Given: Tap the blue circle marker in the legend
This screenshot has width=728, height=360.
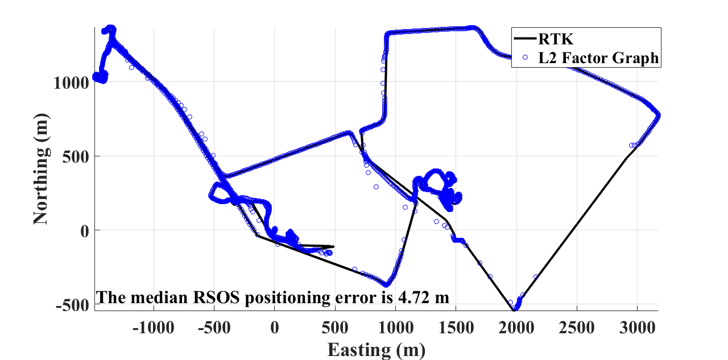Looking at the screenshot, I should [526, 57].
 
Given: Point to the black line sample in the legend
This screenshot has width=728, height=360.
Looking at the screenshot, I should [526, 39].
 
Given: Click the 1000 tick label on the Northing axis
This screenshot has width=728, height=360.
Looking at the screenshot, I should [72, 82].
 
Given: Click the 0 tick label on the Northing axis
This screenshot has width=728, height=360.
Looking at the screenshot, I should [85, 230].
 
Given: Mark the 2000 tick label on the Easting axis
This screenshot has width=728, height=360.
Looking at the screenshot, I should [516, 329].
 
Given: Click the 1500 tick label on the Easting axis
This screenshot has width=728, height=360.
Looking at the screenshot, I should [456, 329].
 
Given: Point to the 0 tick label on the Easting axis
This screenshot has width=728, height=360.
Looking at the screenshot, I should [275, 329].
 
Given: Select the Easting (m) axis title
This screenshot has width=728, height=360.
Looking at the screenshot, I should [376, 349].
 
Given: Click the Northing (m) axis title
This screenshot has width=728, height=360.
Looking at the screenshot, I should [41, 168].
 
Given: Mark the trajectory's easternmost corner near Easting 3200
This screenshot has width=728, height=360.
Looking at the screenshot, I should [659, 115].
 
